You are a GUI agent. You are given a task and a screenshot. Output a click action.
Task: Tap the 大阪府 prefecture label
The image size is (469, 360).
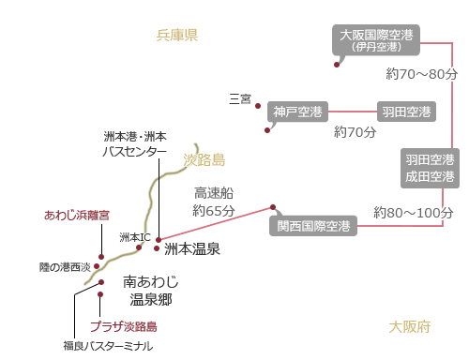pyautogui.click(x=409, y=326)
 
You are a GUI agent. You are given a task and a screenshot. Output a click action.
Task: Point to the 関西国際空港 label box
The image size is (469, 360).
pyautogui.click(x=313, y=226)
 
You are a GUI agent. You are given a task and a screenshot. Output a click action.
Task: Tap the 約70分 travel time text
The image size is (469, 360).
pyautogui.click(x=355, y=132)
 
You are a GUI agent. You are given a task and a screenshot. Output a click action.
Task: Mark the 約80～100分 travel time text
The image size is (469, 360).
pyautogui.click(x=414, y=212)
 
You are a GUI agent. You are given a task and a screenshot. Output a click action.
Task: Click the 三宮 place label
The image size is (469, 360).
pyautogui.click(x=240, y=98)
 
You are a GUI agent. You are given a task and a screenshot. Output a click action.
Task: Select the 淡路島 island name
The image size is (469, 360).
pyautogui.click(x=204, y=160)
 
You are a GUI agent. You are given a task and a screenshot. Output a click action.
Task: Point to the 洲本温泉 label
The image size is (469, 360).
pyautogui.click(x=191, y=249)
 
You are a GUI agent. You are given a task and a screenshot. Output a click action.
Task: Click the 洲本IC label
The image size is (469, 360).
pyautogui.click(x=135, y=237)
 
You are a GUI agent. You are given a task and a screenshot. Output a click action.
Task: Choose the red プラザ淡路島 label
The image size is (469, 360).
pyautogui.click(x=123, y=327)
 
